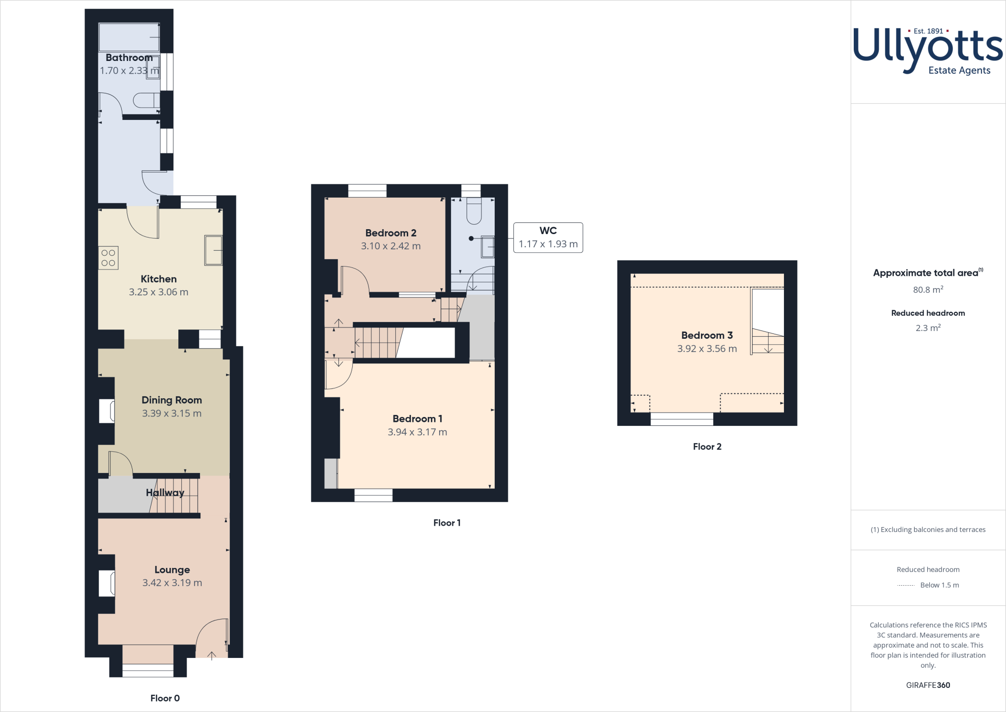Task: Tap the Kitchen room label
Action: (x=159, y=279)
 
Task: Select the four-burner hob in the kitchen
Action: (x=109, y=258)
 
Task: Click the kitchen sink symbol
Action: (x=213, y=250)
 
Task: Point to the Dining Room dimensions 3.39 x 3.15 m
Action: (x=171, y=414)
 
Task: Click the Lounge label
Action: (x=172, y=569)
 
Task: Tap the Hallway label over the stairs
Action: (x=165, y=493)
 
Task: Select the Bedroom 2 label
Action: (x=391, y=233)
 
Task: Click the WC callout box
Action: (x=548, y=237)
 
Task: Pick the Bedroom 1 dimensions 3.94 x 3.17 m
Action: (x=417, y=432)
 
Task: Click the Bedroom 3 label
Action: (x=707, y=335)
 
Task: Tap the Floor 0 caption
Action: (x=165, y=698)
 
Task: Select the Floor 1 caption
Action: (x=447, y=523)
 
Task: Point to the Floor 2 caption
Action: (x=707, y=446)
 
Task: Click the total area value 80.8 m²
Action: (x=928, y=290)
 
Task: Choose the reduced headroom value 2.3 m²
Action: (x=928, y=328)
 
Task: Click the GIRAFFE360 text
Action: (x=928, y=685)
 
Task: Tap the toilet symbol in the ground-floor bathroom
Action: (x=146, y=100)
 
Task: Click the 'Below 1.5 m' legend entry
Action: (x=939, y=585)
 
